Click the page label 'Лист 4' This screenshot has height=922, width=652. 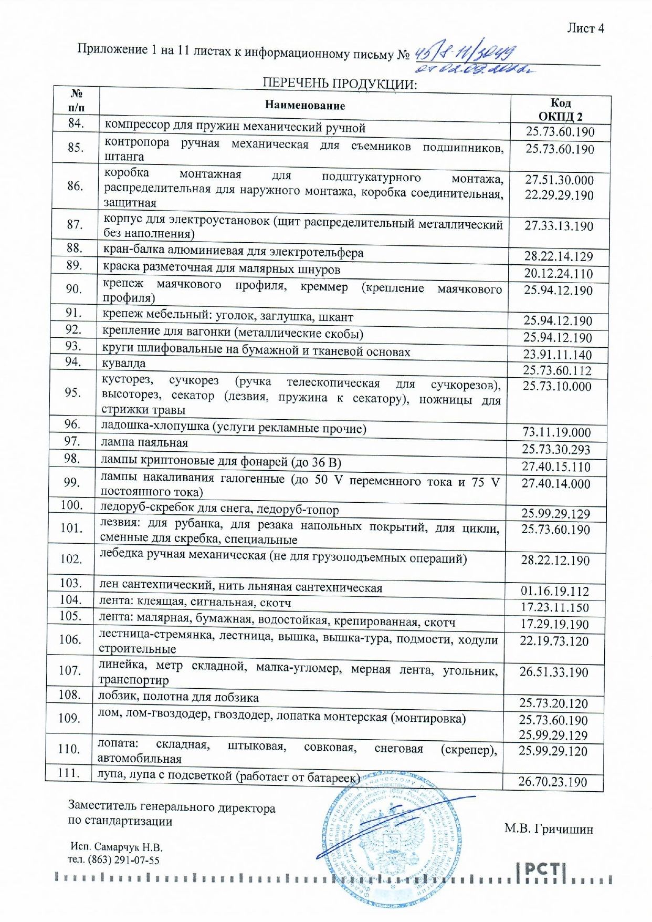(x=585, y=28)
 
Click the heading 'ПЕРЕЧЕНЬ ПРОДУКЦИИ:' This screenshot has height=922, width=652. (x=339, y=84)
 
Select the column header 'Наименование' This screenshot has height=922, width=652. (x=304, y=105)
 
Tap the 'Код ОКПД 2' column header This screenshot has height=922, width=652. (x=560, y=109)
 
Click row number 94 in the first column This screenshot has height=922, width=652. (x=73, y=362)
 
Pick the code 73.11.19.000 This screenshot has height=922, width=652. (x=556, y=432)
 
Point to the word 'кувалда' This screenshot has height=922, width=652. (x=124, y=363)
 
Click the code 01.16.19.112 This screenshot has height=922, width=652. (x=555, y=591)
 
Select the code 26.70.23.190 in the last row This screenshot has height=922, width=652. (x=552, y=782)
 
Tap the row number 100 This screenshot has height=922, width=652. (x=71, y=505)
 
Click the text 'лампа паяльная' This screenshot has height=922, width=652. (x=144, y=443)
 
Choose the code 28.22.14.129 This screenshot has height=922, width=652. (x=558, y=256)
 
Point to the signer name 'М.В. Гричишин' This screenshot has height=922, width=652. (x=549, y=828)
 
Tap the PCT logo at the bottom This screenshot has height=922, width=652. (x=542, y=870)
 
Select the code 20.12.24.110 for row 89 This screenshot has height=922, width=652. (x=558, y=274)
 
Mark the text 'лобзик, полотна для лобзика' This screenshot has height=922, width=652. (x=178, y=697)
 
